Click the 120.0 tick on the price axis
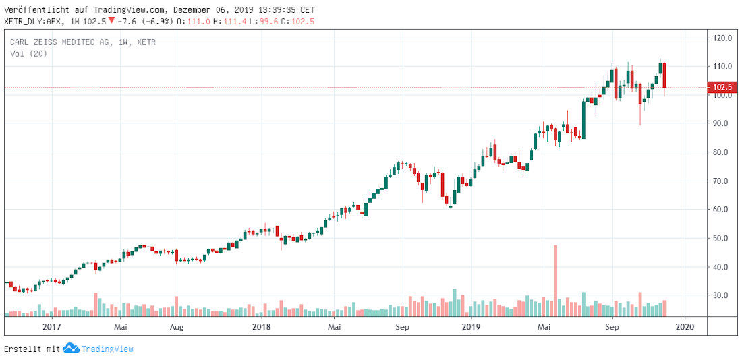723,38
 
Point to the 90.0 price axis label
723,124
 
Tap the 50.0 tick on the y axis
723,239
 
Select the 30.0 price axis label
723,296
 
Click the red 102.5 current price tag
723,87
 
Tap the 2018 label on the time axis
261,327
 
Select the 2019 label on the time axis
470,327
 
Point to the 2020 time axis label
685,327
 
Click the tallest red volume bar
556,280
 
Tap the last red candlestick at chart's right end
664,76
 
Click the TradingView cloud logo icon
71,349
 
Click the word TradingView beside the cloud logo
107,349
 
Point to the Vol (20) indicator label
28,53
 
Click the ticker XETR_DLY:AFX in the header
33,22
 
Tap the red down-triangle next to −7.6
111,21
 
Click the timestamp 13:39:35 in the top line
273,10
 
